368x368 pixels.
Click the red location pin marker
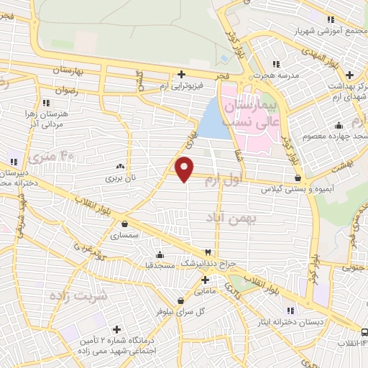(x=185, y=169)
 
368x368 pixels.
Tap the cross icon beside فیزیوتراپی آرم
(x=182, y=73)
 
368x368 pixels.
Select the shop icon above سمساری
(x=125, y=224)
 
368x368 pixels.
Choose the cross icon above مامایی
(x=205, y=280)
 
